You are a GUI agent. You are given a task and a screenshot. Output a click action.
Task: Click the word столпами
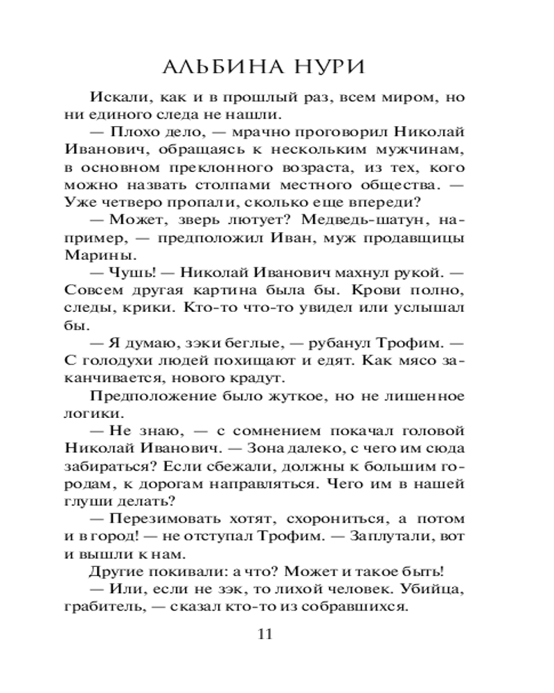[229, 186]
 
